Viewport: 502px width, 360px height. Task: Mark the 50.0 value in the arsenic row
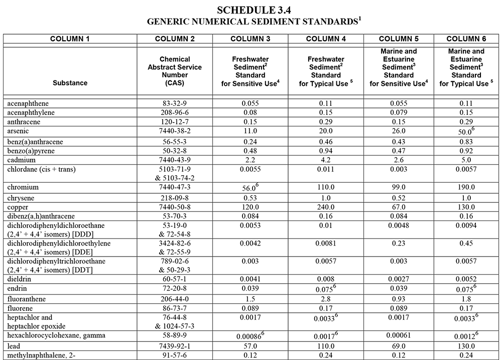[464, 132]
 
